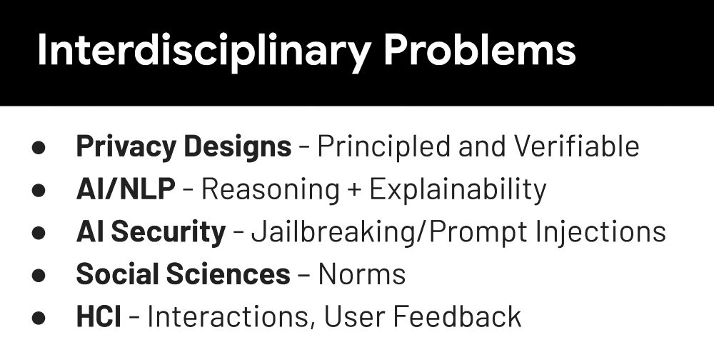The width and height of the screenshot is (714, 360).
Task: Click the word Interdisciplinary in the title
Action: click(x=203, y=51)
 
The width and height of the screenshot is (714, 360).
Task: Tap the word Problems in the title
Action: click(x=480, y=49)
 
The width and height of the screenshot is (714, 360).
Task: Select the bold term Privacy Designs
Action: click(x=184, y=147)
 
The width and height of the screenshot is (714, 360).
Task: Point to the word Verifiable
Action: click(x=576, y=146)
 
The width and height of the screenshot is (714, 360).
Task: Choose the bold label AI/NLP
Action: click(x=126, y=189)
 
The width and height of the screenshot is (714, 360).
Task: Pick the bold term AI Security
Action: click(x=151, y=232)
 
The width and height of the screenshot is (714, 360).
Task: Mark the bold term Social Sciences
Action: click(x=183, y=274)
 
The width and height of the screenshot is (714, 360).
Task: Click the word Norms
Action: click(x=362, y=274)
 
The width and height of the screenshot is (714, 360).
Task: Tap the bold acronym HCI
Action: click(x=99, y=316)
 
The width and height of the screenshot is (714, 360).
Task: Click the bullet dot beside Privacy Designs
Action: click(x=39, y=148)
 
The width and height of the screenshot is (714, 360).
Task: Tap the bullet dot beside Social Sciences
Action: click(x=39, y=275)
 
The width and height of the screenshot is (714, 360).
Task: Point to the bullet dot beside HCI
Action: click(x=39, y=317)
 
